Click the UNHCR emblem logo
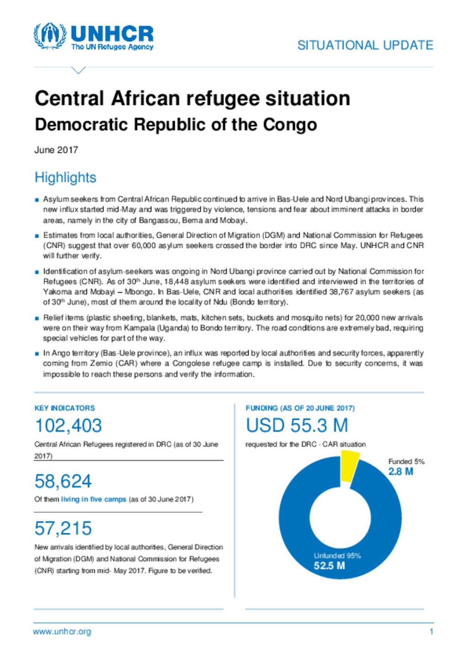(50, 36)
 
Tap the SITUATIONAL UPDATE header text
(365, 45)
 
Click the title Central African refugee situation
(192, 99)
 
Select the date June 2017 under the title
(56, 150)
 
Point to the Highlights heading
(65, 177)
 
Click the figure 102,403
(68, 426)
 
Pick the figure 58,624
(63, 481)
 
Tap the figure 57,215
(63, 528)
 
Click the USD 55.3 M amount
(296, 426)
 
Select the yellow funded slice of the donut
(349, 465)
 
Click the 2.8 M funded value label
(400, 472)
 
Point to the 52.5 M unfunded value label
(329, 566)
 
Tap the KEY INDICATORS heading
(65, 408)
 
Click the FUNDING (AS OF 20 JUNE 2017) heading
(300, 408)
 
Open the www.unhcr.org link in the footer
(62, 632)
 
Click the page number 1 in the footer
(431, 632)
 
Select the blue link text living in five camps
(93, 499)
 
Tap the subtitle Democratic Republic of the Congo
(176, 125)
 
